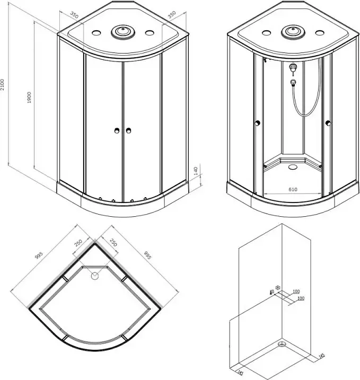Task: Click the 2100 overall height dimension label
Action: tap(3, 85)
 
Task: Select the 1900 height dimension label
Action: tap(29, 98)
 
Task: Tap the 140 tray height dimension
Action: tap(196, 171)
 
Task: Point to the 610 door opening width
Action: tap(293, 190)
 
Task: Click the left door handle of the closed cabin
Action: tap(117, 131)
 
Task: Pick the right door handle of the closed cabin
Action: tap(128, 131)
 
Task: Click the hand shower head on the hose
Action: tap(293, 82)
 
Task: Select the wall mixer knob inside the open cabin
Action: tap(293, 67)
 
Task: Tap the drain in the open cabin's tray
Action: tap(293, 167)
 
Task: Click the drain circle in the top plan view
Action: tap(94, 276)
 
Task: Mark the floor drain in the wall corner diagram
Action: tap(282, 343)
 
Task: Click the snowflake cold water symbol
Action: tap(278, 288)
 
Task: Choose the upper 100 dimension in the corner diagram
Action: tap(296, 291)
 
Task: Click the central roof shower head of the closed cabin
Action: tap(123, 31)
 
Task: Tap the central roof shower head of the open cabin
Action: tap(293, 31)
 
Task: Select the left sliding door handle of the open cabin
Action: tap(258, 123)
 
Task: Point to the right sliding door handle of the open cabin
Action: tap(328, 123)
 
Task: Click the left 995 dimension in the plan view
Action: tap(39, 255)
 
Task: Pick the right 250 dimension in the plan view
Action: tap(113, 242)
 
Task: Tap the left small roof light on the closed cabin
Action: tap(96, 32)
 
